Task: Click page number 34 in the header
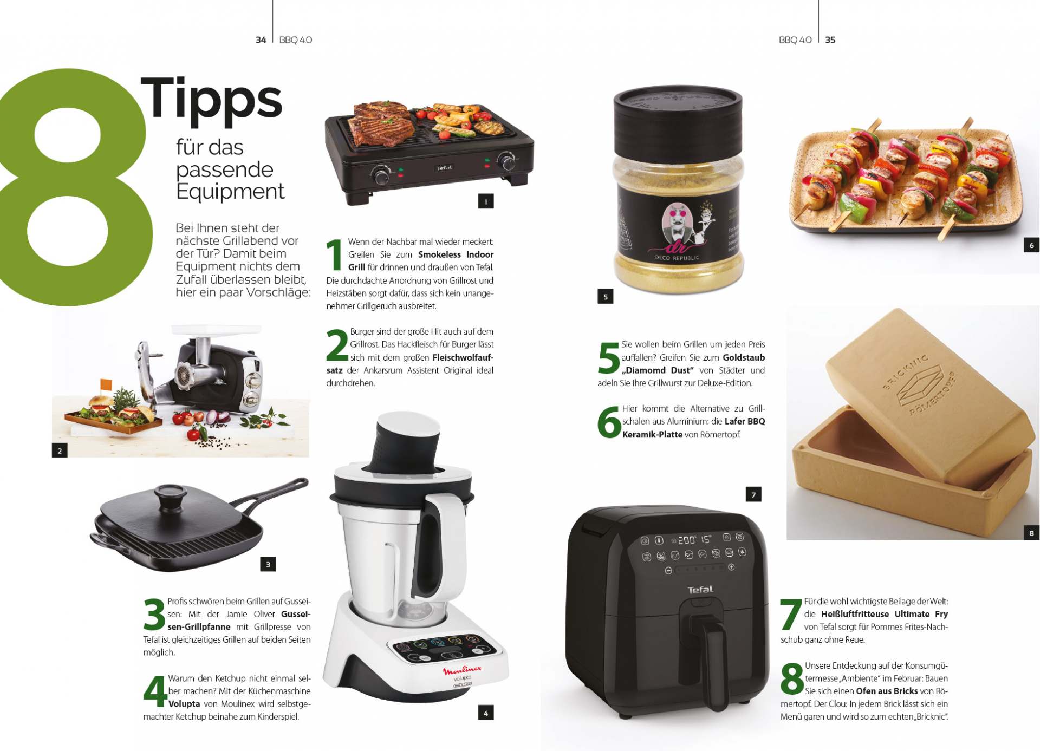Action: [261, 40]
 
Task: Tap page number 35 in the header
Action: [830, 40]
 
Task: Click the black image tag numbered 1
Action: [486, 201]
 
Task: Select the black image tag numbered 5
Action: [605, 296]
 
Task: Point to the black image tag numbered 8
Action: [1031, 533]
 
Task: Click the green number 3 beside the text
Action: [154, 615]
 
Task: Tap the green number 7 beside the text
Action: [791, 615]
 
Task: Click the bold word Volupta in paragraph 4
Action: [184, 704]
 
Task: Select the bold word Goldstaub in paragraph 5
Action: [744, 357]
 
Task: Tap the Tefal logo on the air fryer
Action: [700, 590]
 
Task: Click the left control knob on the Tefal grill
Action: [380, 175]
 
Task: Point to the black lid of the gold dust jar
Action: [678, 121]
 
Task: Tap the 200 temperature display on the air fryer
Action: [686, 540]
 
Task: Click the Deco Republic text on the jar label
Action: [677, 258]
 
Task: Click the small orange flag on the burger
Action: [106, 384]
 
